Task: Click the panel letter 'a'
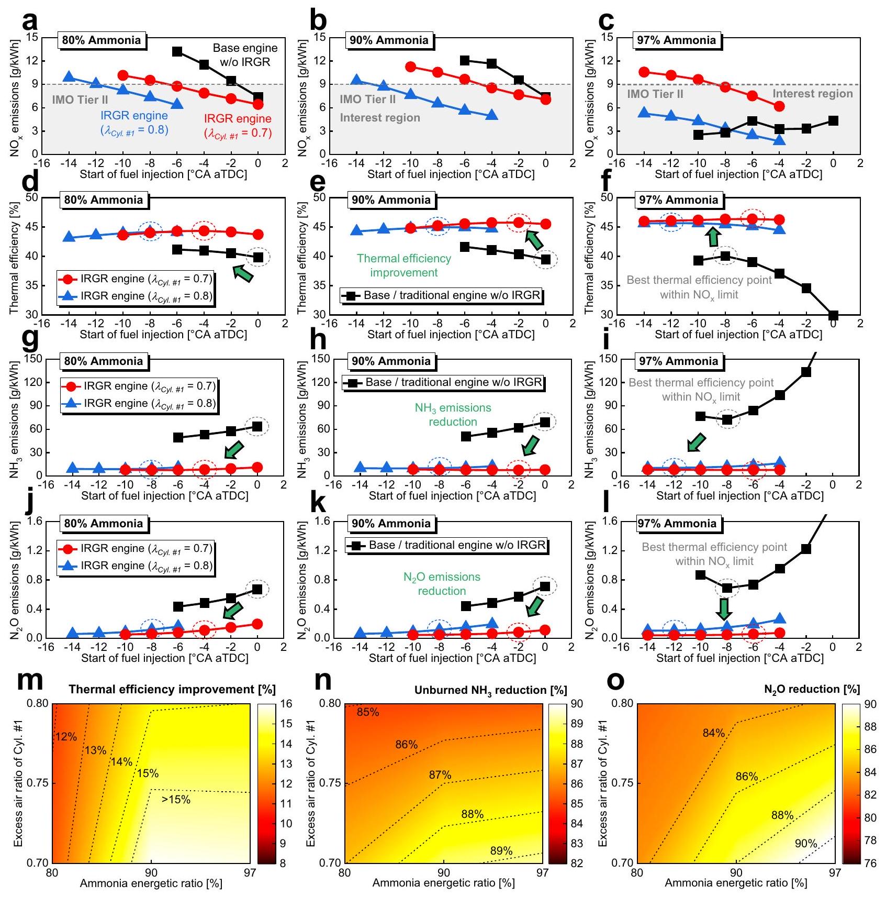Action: click(30, 22)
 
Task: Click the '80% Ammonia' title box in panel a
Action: click(102, 40)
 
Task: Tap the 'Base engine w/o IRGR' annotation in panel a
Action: click(245, 55)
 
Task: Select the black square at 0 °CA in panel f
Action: click(833, 315)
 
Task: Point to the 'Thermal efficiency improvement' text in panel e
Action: click(403, 265)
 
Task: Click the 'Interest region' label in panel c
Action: click(812, 94)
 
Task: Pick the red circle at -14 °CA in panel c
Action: click(644, 72)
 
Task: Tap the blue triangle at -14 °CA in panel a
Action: click(68, 77)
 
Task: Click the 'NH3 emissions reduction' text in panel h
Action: click(453, 415)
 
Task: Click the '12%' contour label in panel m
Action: click(66, 737)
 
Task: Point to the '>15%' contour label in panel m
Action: click(176, 800)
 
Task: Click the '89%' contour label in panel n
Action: click(501, 851)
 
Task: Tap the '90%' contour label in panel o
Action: click(805, 844)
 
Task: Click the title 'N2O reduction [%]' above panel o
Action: click(812, 690)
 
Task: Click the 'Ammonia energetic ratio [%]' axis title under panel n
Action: click(443, 883)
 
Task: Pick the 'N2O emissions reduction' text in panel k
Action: click(442, 584)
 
